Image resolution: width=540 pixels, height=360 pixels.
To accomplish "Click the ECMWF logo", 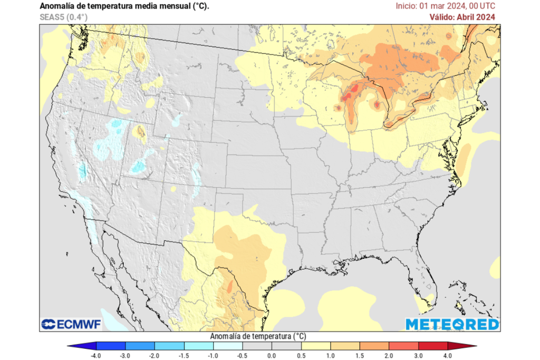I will tap(71, 324).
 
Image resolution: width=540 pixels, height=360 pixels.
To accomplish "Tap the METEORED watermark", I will tap(452, 324).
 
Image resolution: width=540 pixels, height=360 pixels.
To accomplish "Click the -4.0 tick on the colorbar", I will tap(97, 356).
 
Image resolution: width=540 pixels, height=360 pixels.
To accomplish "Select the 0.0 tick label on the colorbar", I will tap(272, 356).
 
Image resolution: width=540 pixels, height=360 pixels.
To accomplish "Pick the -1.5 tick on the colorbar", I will tap(184, 356).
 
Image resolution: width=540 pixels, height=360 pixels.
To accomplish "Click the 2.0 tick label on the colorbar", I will tap(389, 356).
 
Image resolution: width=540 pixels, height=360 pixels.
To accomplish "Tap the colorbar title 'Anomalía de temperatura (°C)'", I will tap(258, 336).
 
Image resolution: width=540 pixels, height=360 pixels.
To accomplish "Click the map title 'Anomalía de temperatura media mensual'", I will tap(124, 6).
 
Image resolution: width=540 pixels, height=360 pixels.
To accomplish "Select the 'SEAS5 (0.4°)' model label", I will tap(63, 17).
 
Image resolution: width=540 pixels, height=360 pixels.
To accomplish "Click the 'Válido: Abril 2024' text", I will tap(462, 17).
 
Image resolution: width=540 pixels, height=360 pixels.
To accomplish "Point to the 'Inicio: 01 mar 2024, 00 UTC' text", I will tap(445, 6).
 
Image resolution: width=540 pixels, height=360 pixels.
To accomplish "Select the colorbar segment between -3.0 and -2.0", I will tap(140, 346).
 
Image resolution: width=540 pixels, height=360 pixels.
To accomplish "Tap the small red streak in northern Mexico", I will tap(230, 286).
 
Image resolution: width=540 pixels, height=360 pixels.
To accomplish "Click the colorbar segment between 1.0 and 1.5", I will tap(345, 346).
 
